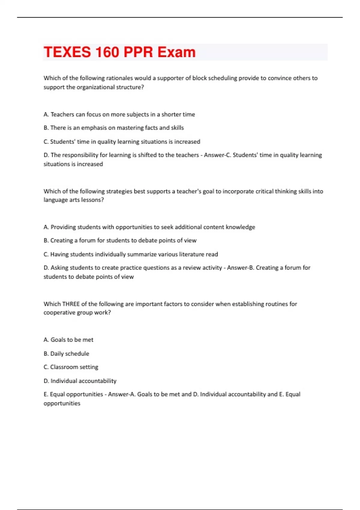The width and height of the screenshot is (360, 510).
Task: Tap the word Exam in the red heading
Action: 176,52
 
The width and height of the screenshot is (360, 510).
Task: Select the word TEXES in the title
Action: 67,52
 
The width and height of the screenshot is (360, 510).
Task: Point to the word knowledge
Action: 240,227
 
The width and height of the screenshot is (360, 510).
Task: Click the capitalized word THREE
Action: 71,304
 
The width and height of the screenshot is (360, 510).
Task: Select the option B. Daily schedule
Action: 66,354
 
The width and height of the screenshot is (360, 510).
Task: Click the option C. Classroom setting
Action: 71,367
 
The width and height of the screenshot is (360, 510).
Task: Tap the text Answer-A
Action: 121,394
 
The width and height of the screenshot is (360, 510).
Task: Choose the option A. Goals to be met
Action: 68,340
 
